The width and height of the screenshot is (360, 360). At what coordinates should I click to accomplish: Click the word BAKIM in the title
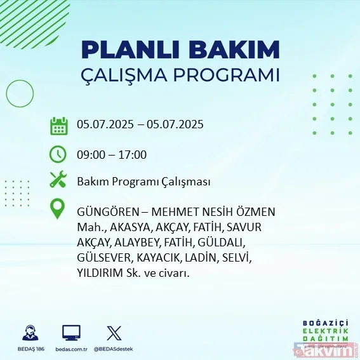click(240, 50)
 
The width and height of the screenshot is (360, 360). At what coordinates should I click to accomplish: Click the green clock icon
click(58, 154)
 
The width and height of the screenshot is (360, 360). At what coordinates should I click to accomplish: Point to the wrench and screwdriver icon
click(58, 181)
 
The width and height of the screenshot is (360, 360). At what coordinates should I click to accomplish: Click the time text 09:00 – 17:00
click(112, 154)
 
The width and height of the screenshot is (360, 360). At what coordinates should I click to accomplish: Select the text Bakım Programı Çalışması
click(143, 182)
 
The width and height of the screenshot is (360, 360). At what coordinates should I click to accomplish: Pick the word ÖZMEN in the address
click(257, 212)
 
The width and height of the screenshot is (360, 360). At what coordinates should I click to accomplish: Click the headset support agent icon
click(30, 333)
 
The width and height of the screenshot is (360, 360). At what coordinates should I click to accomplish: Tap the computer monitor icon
click(71, 333)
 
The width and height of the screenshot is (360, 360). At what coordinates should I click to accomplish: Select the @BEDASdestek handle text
click(114, 349)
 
